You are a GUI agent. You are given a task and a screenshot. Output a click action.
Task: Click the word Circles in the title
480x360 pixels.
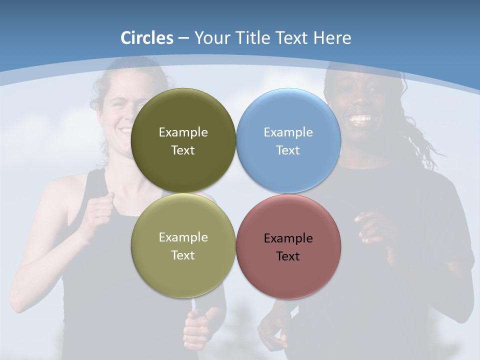pos(146,38)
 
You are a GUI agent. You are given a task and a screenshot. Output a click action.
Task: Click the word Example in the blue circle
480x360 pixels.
pos(288,132)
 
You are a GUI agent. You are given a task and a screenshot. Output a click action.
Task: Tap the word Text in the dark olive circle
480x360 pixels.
pos(183,150)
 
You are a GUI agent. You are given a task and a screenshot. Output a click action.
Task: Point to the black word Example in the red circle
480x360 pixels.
pos(288,238)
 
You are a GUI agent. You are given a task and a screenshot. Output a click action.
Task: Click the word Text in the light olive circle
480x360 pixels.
pos(183,255)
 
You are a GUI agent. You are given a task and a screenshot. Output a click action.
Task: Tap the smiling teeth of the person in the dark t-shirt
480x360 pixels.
pos(360,119)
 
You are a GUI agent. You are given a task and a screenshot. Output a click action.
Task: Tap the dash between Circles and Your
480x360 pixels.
pos(183,38)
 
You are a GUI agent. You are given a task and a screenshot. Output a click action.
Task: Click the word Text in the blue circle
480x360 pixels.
pos(288,150)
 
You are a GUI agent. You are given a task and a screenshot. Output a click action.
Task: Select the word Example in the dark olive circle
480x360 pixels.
pos(183,132)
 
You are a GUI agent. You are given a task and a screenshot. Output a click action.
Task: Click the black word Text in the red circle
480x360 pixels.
pos(288,256)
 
